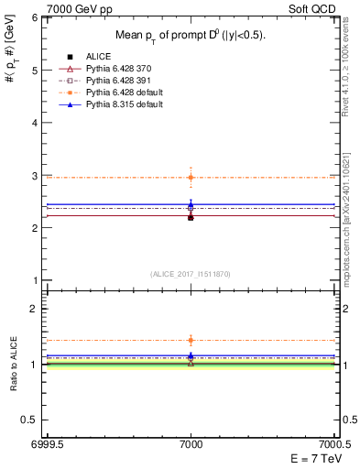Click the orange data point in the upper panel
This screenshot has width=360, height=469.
pyautogui.click(x=191, y=177)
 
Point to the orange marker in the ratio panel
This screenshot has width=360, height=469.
pyautogui.click(x=191, y=340)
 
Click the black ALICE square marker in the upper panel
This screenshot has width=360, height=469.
pyautogui.click(x=191, y=217)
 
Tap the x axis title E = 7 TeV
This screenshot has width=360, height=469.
pyautogui.click(x=312, y=459)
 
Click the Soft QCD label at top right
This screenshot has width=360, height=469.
pyautogui.click(x=312, y=7)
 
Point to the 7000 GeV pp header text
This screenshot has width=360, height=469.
pyautogui.click(x=75, y=7)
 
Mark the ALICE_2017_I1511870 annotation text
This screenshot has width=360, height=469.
pyautogui.click(x=191, y=274)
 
